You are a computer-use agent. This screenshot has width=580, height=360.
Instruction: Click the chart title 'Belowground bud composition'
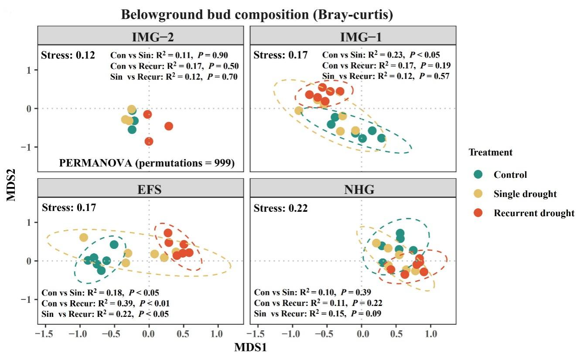[257, 15]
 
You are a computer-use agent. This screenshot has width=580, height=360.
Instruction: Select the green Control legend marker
[478, 175]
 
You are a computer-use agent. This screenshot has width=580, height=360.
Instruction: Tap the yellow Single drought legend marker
[478, 194]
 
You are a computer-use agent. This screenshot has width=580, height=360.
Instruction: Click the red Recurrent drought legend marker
[478, 213]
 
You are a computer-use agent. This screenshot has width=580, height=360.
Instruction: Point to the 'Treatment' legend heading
[490, 153]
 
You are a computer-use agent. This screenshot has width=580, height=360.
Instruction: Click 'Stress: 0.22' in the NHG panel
[280, 208]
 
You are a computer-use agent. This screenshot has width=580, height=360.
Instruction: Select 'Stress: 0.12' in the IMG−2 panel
[68, 55]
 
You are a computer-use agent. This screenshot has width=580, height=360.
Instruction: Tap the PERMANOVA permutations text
[147, 163]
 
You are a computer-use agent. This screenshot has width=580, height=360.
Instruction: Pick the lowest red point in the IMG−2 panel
[149, 141]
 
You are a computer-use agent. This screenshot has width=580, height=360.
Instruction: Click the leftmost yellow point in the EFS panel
[83, 238]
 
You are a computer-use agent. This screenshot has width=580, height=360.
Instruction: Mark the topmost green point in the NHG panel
[400, 233]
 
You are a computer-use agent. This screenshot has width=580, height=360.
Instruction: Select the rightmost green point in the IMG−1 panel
[382, 138]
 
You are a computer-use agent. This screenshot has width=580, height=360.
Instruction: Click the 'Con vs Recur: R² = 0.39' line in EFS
[106, 303]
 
